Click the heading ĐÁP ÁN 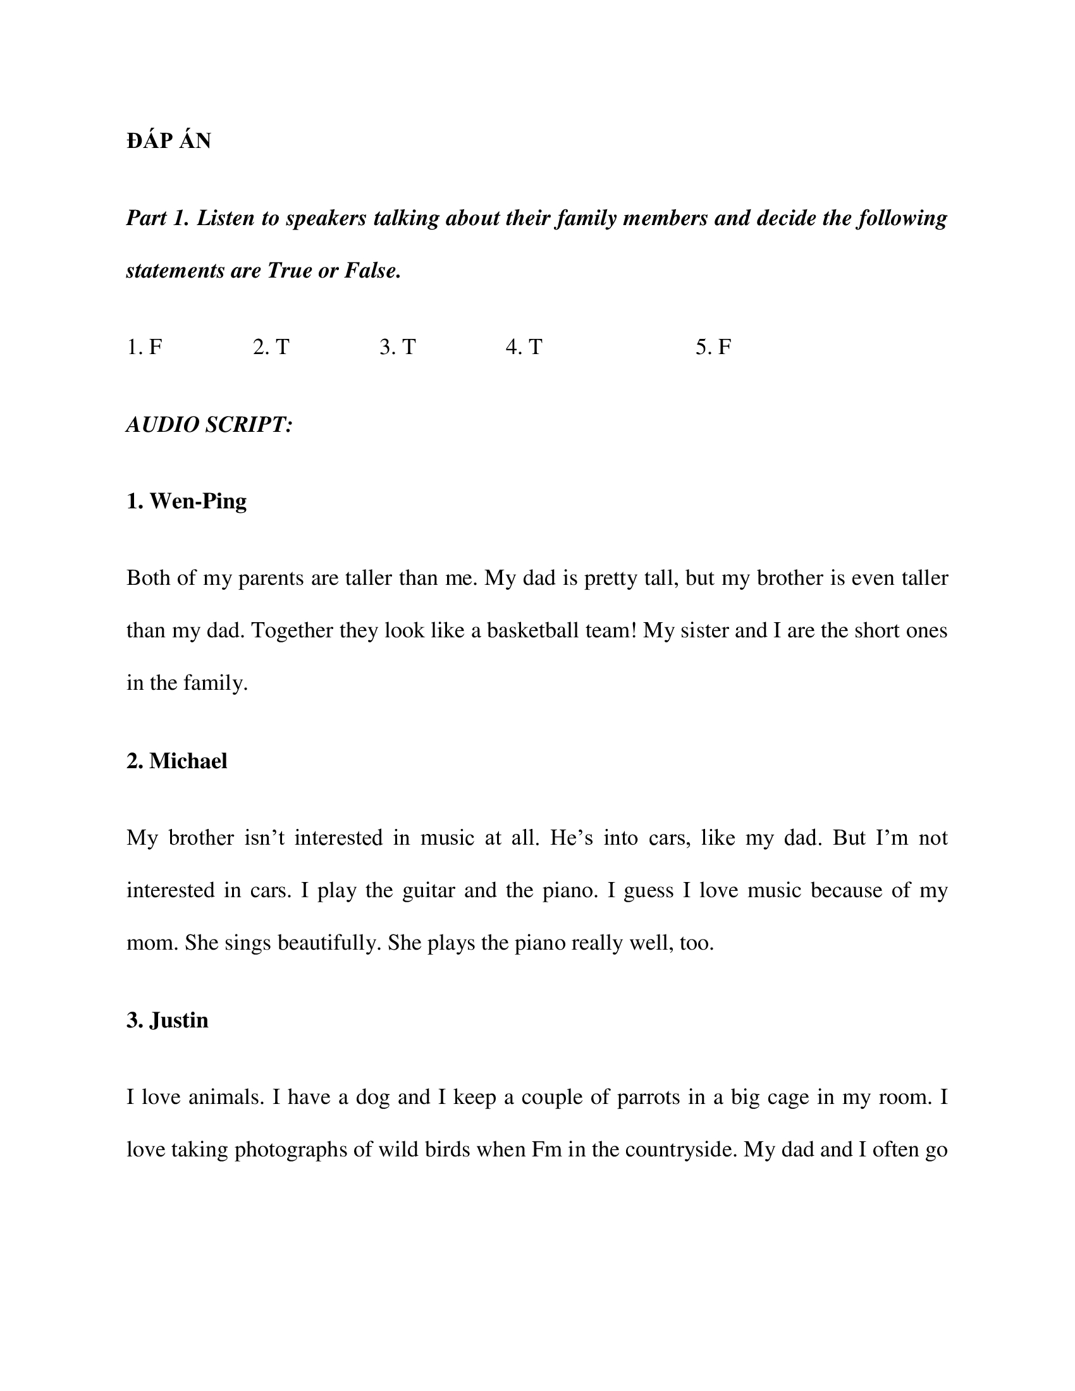[168, 141]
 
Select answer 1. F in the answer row [145, 347]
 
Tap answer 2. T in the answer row [271, 347]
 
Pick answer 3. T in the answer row [398, 347]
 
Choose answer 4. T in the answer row [524, 347]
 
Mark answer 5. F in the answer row [713, 347]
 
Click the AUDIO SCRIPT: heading [209, 424]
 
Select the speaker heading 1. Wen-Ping [187, 501]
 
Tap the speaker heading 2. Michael [177, 761]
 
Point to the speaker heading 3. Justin [168, 1020]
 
